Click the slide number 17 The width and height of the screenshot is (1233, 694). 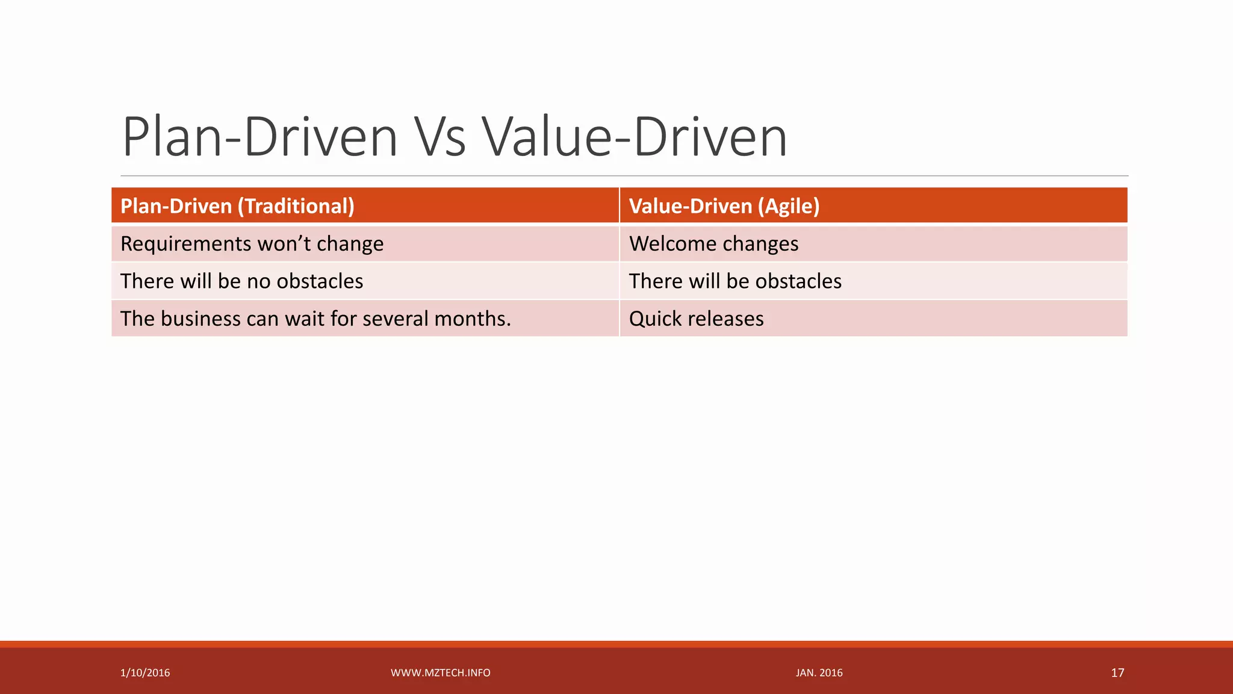pos(1117,673)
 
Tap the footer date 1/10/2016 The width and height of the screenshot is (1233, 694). pos(145,673)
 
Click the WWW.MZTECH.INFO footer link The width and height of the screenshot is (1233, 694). pos(440,673)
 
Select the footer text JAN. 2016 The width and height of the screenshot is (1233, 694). pos(819,673)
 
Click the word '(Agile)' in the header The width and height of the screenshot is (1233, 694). pos(789,206)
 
